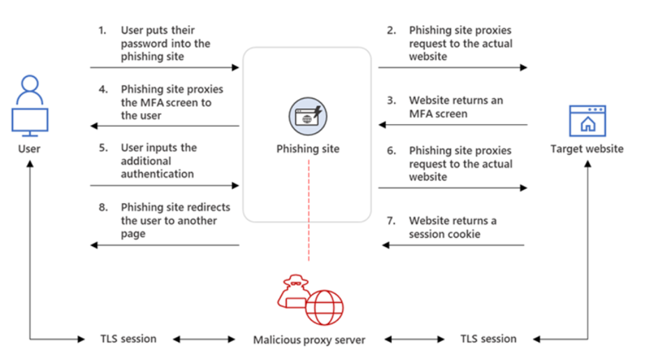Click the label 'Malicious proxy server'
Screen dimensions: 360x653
(309, 340)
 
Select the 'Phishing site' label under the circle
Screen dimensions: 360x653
(308, 149)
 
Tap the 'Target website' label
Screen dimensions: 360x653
(587, 148)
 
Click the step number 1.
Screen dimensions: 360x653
(102, 31)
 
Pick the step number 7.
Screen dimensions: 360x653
(391, 221)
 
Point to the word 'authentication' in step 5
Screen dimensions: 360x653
(157, 174)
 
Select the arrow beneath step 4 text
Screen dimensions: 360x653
(165, 126)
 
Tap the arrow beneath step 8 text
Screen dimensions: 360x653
(165, 245)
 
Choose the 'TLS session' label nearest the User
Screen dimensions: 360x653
(128, 339)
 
